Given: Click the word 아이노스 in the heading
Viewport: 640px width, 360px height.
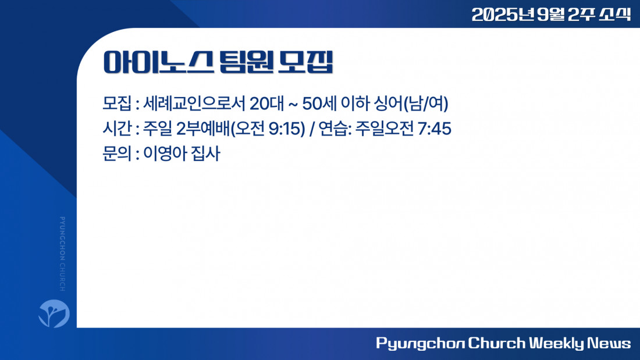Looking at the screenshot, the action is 158,62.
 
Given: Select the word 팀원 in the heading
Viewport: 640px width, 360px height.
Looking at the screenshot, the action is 246,62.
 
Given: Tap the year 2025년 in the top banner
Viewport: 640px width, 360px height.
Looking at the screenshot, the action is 503,15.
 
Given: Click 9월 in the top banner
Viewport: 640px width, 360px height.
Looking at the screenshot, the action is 550,15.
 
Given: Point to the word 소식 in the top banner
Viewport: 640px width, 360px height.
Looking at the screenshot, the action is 615,15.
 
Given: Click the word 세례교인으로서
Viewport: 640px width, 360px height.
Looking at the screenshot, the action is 194,104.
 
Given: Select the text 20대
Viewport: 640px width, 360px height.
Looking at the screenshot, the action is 266,104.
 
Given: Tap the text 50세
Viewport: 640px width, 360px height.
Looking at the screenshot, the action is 319,104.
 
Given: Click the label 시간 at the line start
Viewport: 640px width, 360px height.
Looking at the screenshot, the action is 117,129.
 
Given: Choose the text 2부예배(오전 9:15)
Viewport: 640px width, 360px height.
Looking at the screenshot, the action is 241,129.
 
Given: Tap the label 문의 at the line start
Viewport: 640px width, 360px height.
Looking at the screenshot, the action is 117,154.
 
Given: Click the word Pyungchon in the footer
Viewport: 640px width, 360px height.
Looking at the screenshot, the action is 421,343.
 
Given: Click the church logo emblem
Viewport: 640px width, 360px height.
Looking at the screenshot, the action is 54,313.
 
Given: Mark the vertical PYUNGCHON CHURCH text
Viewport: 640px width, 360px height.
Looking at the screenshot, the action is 62,254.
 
